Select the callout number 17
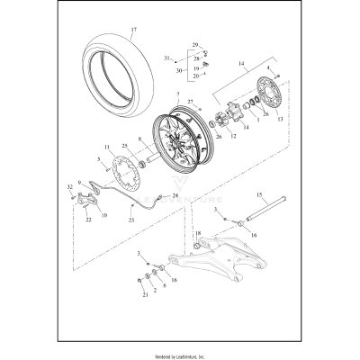[x=134, y=31]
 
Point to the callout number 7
[x=179, y=94]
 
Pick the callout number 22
[x=88, y=219]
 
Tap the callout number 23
[x=133, y=219]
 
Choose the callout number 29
[x=196, y=42]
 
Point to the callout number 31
[x=166, y=58]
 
